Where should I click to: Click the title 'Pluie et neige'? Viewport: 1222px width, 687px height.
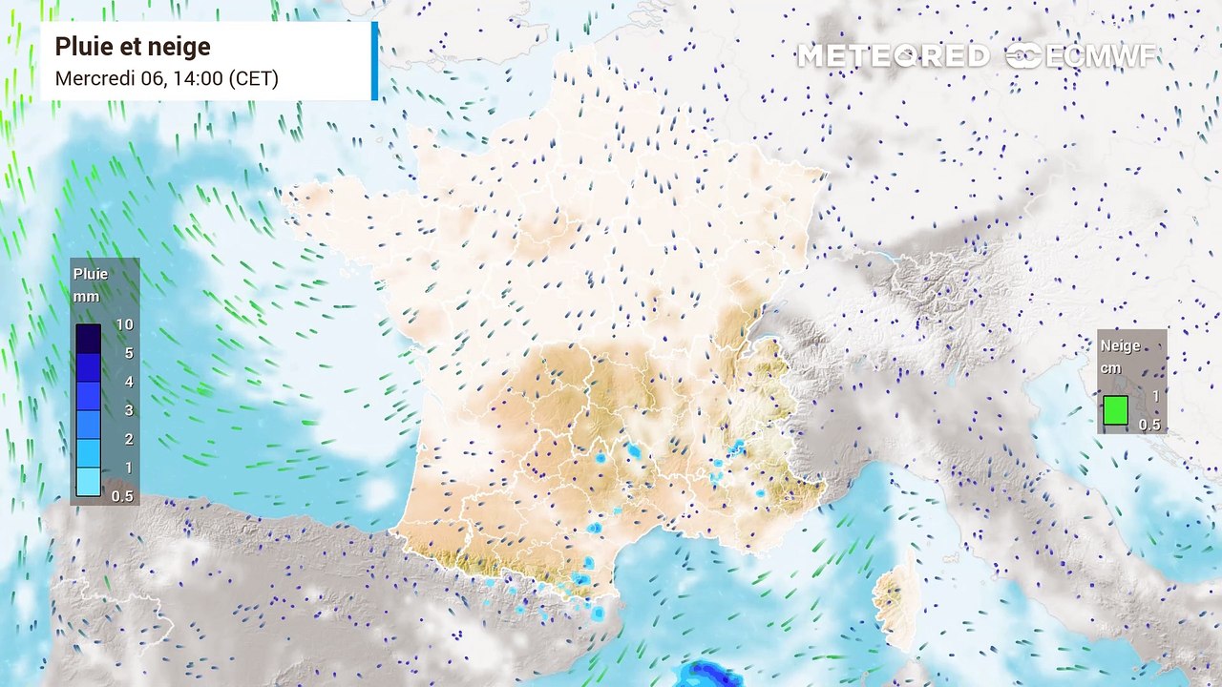[133, 47]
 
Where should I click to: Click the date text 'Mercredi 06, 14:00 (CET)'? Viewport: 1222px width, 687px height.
[166, 78]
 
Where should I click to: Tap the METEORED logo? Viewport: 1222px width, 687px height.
[893, 56]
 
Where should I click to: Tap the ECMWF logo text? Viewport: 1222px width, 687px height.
[1083, 56]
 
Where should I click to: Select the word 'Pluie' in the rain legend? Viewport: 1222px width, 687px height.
[91, 274]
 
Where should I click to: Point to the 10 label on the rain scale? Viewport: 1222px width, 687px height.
[124, 324]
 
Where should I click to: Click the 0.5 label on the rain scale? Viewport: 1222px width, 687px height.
[122, 496]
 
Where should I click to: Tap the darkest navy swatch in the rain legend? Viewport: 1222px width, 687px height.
[88, 338]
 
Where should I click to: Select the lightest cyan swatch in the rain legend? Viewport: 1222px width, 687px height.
[88, 481]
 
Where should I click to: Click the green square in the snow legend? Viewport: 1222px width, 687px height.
[1115, 410]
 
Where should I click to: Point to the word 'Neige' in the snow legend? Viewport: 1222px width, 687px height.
[1121, 346]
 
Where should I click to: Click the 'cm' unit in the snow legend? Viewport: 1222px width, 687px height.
[1110, 368]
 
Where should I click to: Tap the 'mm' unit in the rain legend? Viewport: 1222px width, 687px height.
[86, 297]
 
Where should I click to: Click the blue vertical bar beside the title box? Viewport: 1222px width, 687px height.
[375, 61]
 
